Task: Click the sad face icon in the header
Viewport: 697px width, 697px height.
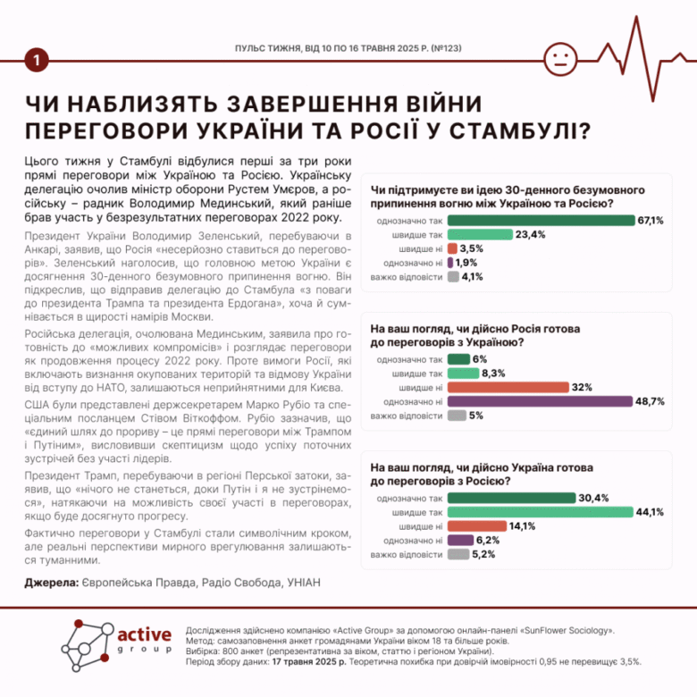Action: [x=560, y=59]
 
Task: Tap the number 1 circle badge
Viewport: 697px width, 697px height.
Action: [x=36, y=60]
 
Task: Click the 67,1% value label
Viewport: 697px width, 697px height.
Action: [x=651, y=220]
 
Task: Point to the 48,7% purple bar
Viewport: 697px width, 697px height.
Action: [x=541, y=401]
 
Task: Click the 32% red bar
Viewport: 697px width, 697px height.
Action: [x=508, y=387]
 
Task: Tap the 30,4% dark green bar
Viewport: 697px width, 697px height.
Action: [x=513, y=498]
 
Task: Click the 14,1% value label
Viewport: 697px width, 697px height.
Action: [x=522, y=526]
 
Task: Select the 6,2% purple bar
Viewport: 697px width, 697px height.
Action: [x=460, y=541]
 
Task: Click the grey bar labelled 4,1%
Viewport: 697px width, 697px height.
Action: [x=453, y=277]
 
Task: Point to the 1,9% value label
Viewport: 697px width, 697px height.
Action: [x=466, y=263]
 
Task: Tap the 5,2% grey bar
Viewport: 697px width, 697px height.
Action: [x=458, y=555]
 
